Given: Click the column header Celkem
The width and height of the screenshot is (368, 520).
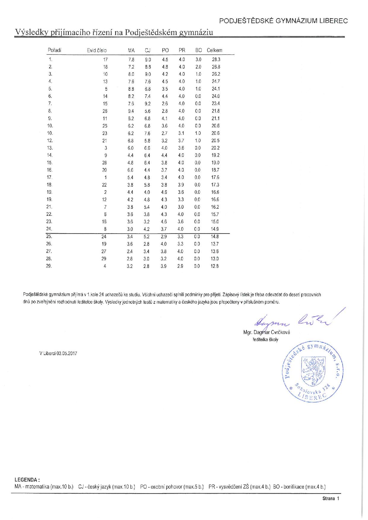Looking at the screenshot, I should click(214, 50).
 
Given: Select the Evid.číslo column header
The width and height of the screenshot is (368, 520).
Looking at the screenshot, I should click(96, 50).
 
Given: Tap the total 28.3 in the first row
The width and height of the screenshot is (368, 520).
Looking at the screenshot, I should click(216, 59).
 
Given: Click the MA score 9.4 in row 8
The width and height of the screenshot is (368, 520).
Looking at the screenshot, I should click(131, 111).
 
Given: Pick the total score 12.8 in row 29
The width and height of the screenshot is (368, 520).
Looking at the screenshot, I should click(215, 266).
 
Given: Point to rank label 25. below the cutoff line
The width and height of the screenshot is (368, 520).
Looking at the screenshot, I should click(49, 237).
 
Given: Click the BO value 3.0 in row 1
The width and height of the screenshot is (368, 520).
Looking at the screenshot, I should click(198, 59).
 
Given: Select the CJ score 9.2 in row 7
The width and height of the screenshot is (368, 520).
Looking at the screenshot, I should click(147, 104).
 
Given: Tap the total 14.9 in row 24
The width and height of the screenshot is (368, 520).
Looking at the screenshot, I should click(215, 229).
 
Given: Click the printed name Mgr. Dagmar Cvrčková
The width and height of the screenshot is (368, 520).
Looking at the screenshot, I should click(266, 332).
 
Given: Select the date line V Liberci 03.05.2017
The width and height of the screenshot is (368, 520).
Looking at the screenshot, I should click(58, 353).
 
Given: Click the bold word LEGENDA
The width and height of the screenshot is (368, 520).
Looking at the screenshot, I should click(26, 480).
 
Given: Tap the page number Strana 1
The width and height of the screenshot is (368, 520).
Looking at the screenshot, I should click(331, 498).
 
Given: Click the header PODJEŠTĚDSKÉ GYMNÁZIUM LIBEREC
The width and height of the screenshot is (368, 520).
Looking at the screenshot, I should click(283, 21).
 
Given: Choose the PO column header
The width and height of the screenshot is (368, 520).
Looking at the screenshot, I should click(165, 50).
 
